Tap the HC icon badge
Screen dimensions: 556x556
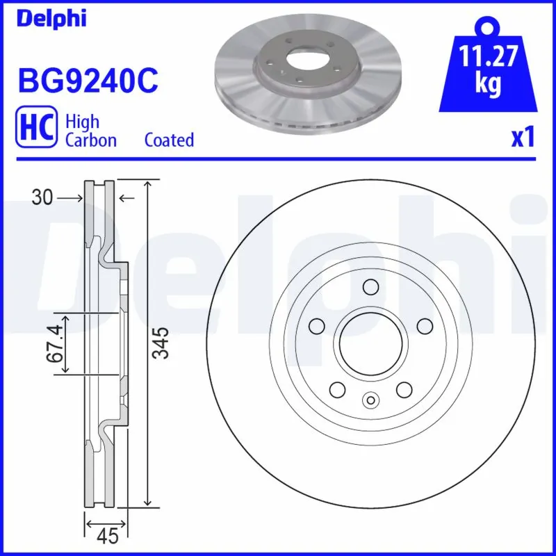[x=36, y=130]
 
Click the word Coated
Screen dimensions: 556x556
[x=169, y=140]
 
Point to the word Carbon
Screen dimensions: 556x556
[x=90, y=140]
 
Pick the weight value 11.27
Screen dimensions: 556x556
[x=489, y=55]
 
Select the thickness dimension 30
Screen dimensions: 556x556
[x=42, y=199]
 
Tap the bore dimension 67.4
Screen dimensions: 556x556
[x=58, y=343]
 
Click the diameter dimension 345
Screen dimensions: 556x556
[x=161, y=343]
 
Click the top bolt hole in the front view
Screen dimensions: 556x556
[x=370, y=286]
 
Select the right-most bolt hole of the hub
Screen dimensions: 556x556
[x=423, y=326]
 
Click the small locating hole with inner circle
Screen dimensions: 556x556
[x=370, y=400]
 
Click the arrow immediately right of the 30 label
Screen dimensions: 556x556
[x=70, y=199]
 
